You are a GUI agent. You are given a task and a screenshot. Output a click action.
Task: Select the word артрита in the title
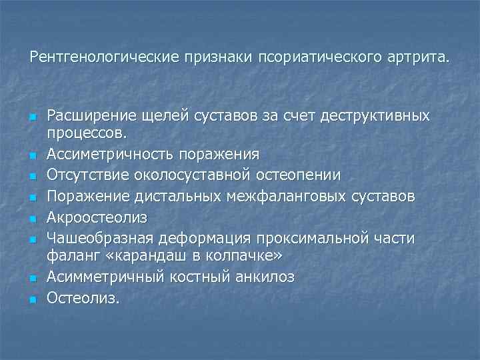click(417, 57)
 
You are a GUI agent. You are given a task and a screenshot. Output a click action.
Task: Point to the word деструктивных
click(375, 117)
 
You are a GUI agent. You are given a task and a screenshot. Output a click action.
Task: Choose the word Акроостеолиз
click(97, 218)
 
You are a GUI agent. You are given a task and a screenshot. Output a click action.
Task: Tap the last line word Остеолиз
click(83, 298)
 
